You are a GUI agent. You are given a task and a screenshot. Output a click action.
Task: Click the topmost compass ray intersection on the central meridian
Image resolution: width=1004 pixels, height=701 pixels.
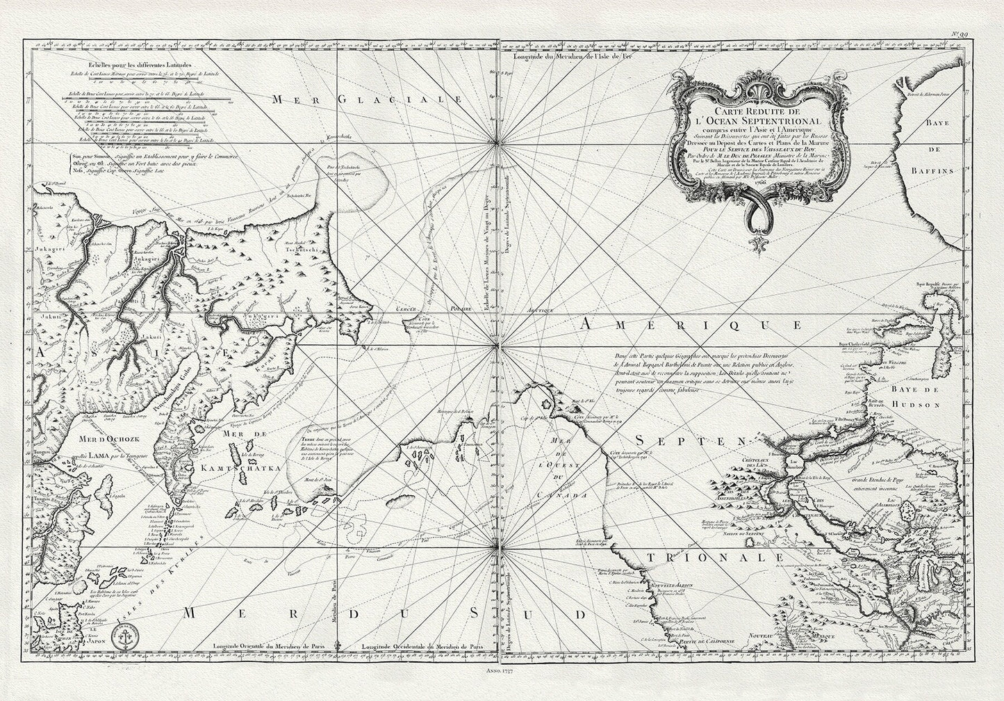(x=497, y=145)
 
